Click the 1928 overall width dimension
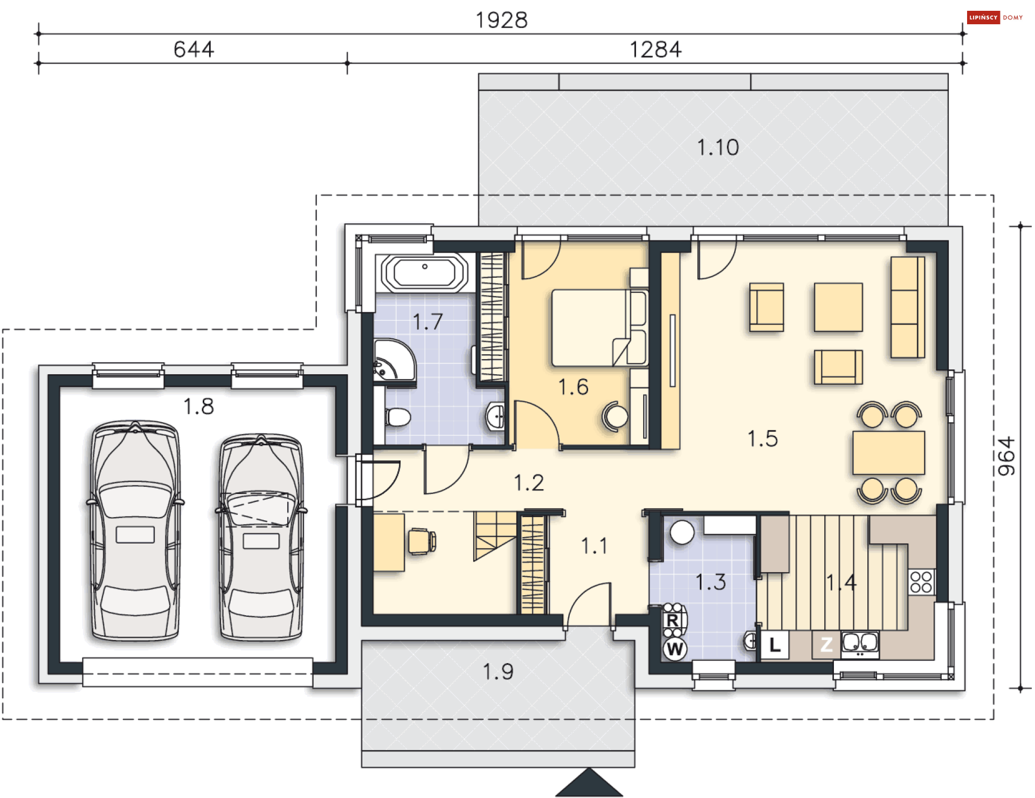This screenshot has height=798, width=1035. (501, 20)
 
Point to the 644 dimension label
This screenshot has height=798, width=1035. (194, 50)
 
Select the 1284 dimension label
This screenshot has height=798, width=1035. (655, 50)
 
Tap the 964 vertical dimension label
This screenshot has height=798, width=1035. (1006, 456)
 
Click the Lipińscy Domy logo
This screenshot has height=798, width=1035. (995, 17)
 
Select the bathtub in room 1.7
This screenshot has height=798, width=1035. (425, 273)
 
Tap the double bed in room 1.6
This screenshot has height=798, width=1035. (599, 328)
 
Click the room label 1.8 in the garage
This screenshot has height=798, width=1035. (198, 407)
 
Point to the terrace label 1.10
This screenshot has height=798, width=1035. (717, 147)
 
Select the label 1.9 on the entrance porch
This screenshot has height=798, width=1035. (498, 672)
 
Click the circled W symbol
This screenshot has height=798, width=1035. (674, 649)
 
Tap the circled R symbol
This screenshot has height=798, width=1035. (673, 621)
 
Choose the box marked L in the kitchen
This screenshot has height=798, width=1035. (775, 645)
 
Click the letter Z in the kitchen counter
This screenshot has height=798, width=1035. (826, 645)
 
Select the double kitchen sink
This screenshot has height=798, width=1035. (860, 644)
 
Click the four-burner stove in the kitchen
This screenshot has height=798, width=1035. (921, 582)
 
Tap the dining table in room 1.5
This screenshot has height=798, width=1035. (888, 452)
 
